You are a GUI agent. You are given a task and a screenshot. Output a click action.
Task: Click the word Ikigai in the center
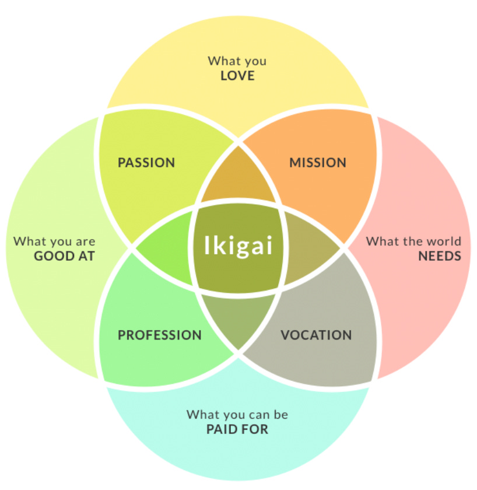tap(238, 246)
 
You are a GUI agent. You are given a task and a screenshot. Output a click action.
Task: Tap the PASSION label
tap(146, 162)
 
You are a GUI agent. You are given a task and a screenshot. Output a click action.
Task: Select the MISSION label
tap(318, 162)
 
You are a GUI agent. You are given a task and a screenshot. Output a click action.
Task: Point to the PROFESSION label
tap(159, 335)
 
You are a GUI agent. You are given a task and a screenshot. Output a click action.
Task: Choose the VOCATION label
tap(316, 335)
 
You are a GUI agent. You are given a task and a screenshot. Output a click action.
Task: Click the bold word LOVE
tap(237, 75)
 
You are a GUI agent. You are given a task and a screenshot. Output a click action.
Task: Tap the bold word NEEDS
tap(440, 256)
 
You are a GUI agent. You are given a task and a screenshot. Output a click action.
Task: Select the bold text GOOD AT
tap(64, 256)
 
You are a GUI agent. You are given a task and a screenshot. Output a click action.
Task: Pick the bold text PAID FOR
tap(237, 430)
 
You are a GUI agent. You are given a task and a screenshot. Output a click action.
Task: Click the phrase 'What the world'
tap(413, 241)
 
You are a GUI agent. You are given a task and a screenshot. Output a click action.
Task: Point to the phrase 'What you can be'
tap(237, 415)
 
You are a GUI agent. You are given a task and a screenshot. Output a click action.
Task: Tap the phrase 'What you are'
tap(54, 241)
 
